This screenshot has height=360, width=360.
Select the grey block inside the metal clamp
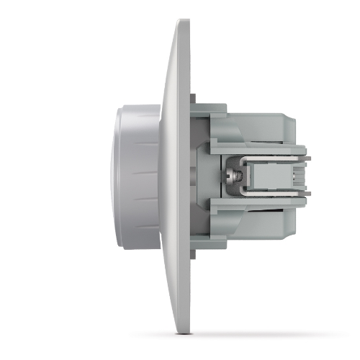(268, 174)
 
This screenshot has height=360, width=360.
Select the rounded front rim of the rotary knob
(116, 173)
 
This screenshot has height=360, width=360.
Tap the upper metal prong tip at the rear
(307, 153)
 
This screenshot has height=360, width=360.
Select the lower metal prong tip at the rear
(307, 196)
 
